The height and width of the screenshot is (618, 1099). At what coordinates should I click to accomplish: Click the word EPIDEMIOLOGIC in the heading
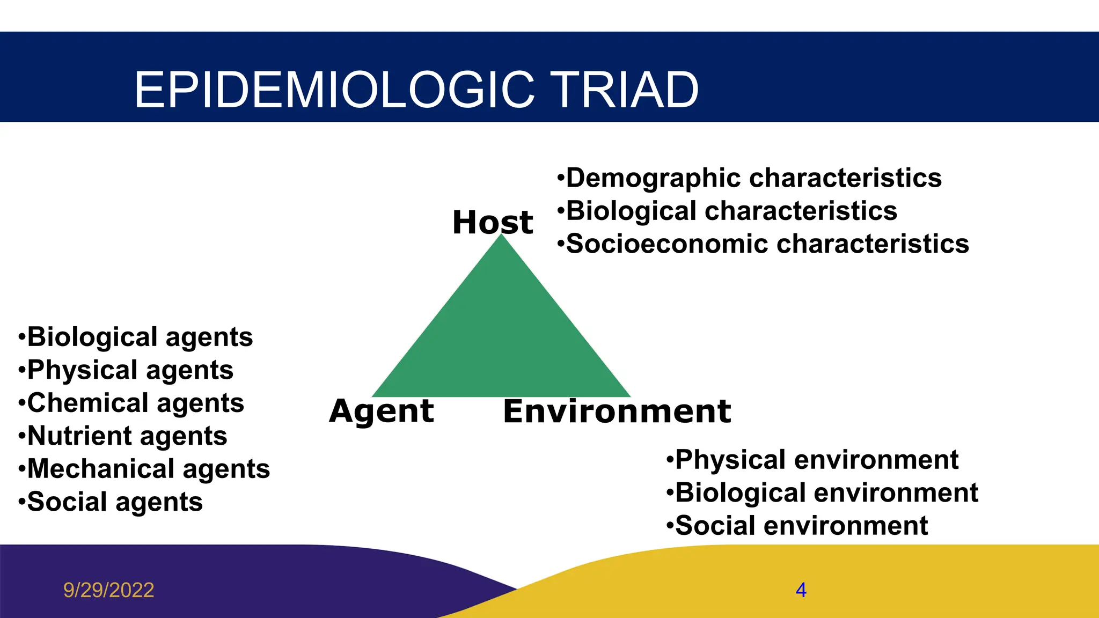[x=334, y=90]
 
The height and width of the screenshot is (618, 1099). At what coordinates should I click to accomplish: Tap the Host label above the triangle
[x=493, y=222]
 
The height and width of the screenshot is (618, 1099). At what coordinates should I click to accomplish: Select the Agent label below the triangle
[x=382, y=411]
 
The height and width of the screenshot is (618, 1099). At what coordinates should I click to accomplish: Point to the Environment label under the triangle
[x=617, y=411]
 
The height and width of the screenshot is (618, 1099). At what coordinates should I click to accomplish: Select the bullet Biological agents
[x=136, y=337]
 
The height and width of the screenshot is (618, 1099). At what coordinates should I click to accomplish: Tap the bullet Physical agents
[x=126, y=370]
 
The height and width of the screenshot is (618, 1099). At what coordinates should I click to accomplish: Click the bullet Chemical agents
[x=131, y=403]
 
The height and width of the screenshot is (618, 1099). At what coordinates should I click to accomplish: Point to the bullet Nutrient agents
[x=123, y=436]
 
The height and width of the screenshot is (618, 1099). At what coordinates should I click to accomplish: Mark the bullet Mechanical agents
[x=144, y=469]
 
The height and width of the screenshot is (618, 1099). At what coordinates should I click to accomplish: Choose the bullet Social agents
[x=111, y=502]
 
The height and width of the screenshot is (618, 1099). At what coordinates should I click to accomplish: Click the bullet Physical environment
[x=812, y=460]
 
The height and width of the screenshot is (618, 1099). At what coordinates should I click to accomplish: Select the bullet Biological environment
[x=822, y=493]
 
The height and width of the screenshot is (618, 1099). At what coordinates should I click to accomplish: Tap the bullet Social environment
[x=797, y=526]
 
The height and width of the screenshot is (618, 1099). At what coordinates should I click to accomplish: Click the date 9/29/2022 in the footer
[x=109, y=590]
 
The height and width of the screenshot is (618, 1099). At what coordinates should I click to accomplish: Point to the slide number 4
[x=801, y=590]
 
